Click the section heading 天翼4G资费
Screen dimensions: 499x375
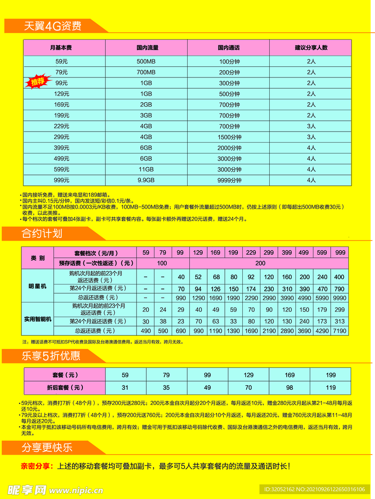pos(53,26)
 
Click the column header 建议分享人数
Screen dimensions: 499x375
pos(311,48)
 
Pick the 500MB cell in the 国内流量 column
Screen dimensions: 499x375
pos(146,61)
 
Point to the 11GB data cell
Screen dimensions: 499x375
pos(146,169)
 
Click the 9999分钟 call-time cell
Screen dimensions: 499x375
pos(229,180)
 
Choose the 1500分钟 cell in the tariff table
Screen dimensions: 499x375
pos(229,137)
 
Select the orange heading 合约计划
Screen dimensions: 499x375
pos(42,234)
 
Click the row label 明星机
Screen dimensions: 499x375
pos(38,287)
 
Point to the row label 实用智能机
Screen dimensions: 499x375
pos(38,319)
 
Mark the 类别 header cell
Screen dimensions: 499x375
pos(38,258)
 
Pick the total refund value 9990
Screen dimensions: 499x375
pos(339,297)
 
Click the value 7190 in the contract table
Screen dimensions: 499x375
pos(339,331)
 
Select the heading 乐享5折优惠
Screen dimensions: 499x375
pos(51,356)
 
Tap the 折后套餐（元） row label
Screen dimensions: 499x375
pos(65,388)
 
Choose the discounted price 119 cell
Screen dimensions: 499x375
pos(330,388)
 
